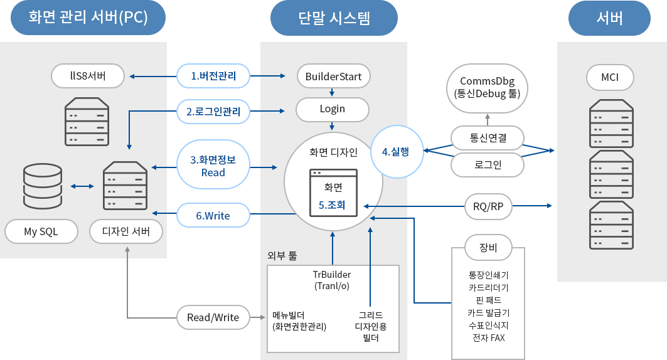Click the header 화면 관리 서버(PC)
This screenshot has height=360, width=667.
point(88,18)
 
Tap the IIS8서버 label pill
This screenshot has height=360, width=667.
point(88,77)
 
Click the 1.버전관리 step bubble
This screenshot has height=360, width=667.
point(213,77)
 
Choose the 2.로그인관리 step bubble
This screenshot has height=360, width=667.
point(213,112)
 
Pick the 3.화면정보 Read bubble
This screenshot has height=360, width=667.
point(213,166)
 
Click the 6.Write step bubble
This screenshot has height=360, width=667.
point(213,216)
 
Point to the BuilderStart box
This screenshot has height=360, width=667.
point(333,77)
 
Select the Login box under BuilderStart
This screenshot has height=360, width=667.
point(333,109)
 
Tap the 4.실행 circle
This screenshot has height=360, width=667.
point(396,152)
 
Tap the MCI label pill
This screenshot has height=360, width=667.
point(610,77)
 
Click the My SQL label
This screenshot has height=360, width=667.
point(41,231)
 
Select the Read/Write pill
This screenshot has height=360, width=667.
point(213,317)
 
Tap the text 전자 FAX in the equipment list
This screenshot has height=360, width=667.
point(488,338)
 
